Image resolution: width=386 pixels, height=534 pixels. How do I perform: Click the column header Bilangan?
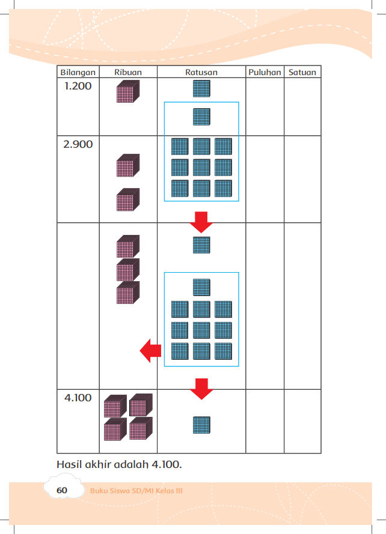78,72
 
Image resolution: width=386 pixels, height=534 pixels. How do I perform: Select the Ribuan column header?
128,72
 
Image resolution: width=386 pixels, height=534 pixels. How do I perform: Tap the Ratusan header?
201,72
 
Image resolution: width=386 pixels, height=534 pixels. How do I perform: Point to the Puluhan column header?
265,72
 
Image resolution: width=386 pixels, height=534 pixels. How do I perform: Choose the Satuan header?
302,72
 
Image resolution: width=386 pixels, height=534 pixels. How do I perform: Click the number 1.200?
78,86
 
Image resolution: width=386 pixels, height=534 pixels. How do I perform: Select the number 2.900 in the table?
78,144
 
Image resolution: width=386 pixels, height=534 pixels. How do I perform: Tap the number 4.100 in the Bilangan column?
78,398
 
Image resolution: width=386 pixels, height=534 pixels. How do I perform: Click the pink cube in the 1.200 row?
128,91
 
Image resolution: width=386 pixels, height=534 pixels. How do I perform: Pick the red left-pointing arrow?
150,350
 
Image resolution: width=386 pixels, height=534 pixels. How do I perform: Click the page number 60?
62,490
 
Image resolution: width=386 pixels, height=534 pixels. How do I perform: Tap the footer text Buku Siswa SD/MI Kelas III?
136,491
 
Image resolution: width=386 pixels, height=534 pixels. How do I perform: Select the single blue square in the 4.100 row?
201,425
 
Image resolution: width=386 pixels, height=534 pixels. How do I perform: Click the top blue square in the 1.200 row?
201,88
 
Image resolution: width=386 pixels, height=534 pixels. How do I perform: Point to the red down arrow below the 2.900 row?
201,222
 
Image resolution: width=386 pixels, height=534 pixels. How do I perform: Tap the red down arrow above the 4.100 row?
201,389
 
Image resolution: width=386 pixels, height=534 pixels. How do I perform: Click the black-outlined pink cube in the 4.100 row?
141,405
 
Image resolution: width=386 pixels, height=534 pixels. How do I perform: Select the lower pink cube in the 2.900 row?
128,199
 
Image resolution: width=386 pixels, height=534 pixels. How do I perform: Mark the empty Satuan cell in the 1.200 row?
302,106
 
